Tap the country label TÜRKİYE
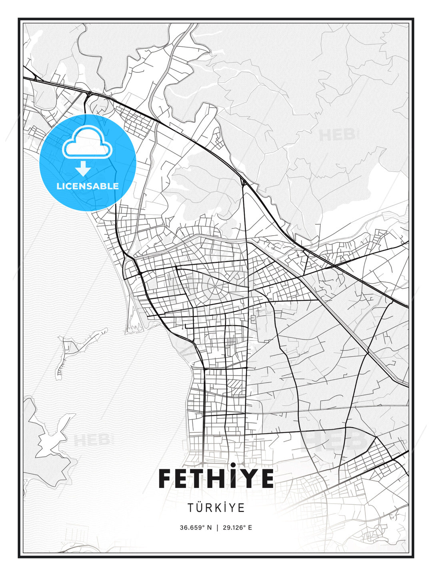coord(216,508)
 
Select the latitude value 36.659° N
coord(195,528)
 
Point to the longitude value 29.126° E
coord(237,528)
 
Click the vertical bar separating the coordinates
coord(216,528)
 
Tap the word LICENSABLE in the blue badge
coord(88,186)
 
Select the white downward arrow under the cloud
coord(83,168)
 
